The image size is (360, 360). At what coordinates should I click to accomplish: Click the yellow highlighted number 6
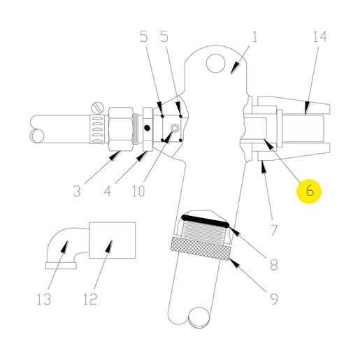[309, 191]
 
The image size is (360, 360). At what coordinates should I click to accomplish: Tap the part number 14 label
[320, 37]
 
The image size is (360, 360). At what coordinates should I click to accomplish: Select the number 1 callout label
[254, 37]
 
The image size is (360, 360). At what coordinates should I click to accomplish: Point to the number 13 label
[44, 299]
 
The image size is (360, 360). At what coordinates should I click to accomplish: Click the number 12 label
[90, 299]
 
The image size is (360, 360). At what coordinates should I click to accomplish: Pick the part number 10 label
[138, 191]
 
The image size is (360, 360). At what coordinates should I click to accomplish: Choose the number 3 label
[77, 191]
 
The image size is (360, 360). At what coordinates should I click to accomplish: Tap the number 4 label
[107, 191]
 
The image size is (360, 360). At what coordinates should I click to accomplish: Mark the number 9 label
[273, 299]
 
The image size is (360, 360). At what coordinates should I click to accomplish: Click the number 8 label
[273, 265]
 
